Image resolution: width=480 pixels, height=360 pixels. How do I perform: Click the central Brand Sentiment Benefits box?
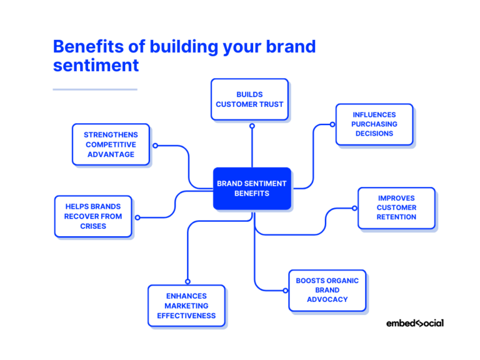coord(252,188)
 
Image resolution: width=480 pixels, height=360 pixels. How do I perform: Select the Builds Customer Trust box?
coord(249,99)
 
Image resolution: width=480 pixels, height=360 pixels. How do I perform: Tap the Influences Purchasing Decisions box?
coord(374,124)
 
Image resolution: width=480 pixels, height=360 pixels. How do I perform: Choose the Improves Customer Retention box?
coord(396,207)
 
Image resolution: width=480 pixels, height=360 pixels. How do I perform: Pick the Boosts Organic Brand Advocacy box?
coord(327,290)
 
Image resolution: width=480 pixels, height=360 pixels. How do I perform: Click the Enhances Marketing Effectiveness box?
coord(186,306)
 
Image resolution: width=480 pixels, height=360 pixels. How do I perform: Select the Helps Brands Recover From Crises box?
coord(93,216)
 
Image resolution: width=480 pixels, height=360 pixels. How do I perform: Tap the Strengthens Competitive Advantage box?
coord(111,144)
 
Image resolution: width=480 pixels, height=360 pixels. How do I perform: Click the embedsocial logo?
coord(414,323)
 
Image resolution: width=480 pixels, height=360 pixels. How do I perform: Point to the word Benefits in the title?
coord(81,47)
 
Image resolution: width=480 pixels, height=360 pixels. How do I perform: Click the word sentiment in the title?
coord(95,65)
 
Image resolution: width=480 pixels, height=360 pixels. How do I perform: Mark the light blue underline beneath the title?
coord(95,89)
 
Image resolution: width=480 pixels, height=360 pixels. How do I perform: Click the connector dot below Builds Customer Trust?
coord(252,126)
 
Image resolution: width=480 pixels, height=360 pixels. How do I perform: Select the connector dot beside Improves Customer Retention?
coord(354,208)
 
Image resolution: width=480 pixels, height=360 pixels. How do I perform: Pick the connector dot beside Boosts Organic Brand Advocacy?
coord(285,290)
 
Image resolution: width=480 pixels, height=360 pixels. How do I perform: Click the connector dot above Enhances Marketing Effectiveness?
coord(187,281)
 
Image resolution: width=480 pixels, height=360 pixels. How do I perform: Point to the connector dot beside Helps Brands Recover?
coord(137,217)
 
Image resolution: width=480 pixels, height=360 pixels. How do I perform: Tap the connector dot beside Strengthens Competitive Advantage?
coord(155,146)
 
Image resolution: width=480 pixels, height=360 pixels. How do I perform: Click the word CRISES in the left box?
coord(93,226)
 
